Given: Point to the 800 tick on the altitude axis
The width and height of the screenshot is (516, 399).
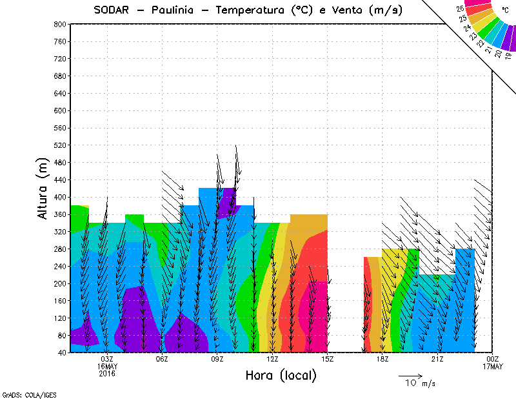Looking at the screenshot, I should (x=59, y=24).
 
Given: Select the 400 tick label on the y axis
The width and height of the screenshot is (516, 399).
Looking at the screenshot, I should (x=59, y=196).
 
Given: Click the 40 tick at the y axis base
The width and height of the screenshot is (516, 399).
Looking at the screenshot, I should (x=61, y=353).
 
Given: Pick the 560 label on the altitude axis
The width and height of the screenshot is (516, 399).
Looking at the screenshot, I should (x=59, y=127).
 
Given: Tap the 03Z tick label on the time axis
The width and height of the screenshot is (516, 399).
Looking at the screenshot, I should (x=107, y=359).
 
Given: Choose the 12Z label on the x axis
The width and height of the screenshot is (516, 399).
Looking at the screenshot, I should (x=272, y=359).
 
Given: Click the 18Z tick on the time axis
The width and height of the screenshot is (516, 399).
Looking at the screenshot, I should (x=382, y=359).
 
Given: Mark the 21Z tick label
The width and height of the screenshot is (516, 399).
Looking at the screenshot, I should (x=437, y=359).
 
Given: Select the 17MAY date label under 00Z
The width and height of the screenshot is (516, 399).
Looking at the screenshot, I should (x=493, y=367).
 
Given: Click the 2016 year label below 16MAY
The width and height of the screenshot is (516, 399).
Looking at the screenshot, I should (x=107, y=374).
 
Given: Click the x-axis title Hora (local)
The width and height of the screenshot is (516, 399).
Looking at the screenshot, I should (x=281, y=375).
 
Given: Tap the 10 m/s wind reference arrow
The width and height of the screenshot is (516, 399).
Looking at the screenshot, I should (x=410, y=375).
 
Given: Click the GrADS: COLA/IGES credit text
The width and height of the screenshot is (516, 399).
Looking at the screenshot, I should (x=21, y=393).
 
